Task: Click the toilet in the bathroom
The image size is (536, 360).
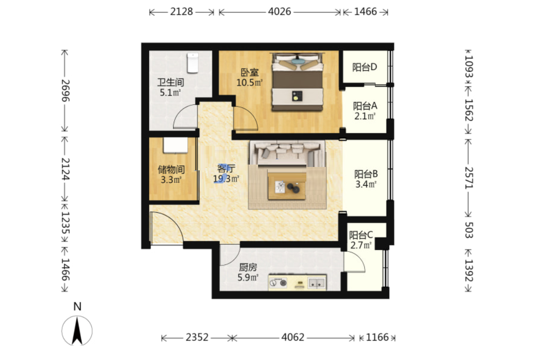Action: point(193,63)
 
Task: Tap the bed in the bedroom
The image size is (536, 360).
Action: point(297,82)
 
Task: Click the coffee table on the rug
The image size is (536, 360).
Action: point(287,186)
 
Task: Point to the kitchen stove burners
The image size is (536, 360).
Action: point(278,283)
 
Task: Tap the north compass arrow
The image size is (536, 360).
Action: point(77,330)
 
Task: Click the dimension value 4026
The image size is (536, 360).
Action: point(279,12)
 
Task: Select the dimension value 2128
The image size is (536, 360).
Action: point(181,12)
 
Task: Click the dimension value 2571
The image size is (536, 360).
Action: point(468,178)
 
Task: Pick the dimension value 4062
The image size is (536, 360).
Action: point(293,337)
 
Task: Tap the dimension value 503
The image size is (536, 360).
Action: point(468,230)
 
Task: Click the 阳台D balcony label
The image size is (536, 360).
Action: point(364,67)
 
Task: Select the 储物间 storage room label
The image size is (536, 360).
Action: point(171,169)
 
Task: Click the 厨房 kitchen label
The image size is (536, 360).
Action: point(248,267)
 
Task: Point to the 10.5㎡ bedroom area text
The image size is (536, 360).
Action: point(249,83)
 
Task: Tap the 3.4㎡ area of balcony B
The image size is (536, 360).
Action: point(366,184)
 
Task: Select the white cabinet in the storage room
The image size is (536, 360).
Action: point(175,146)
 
